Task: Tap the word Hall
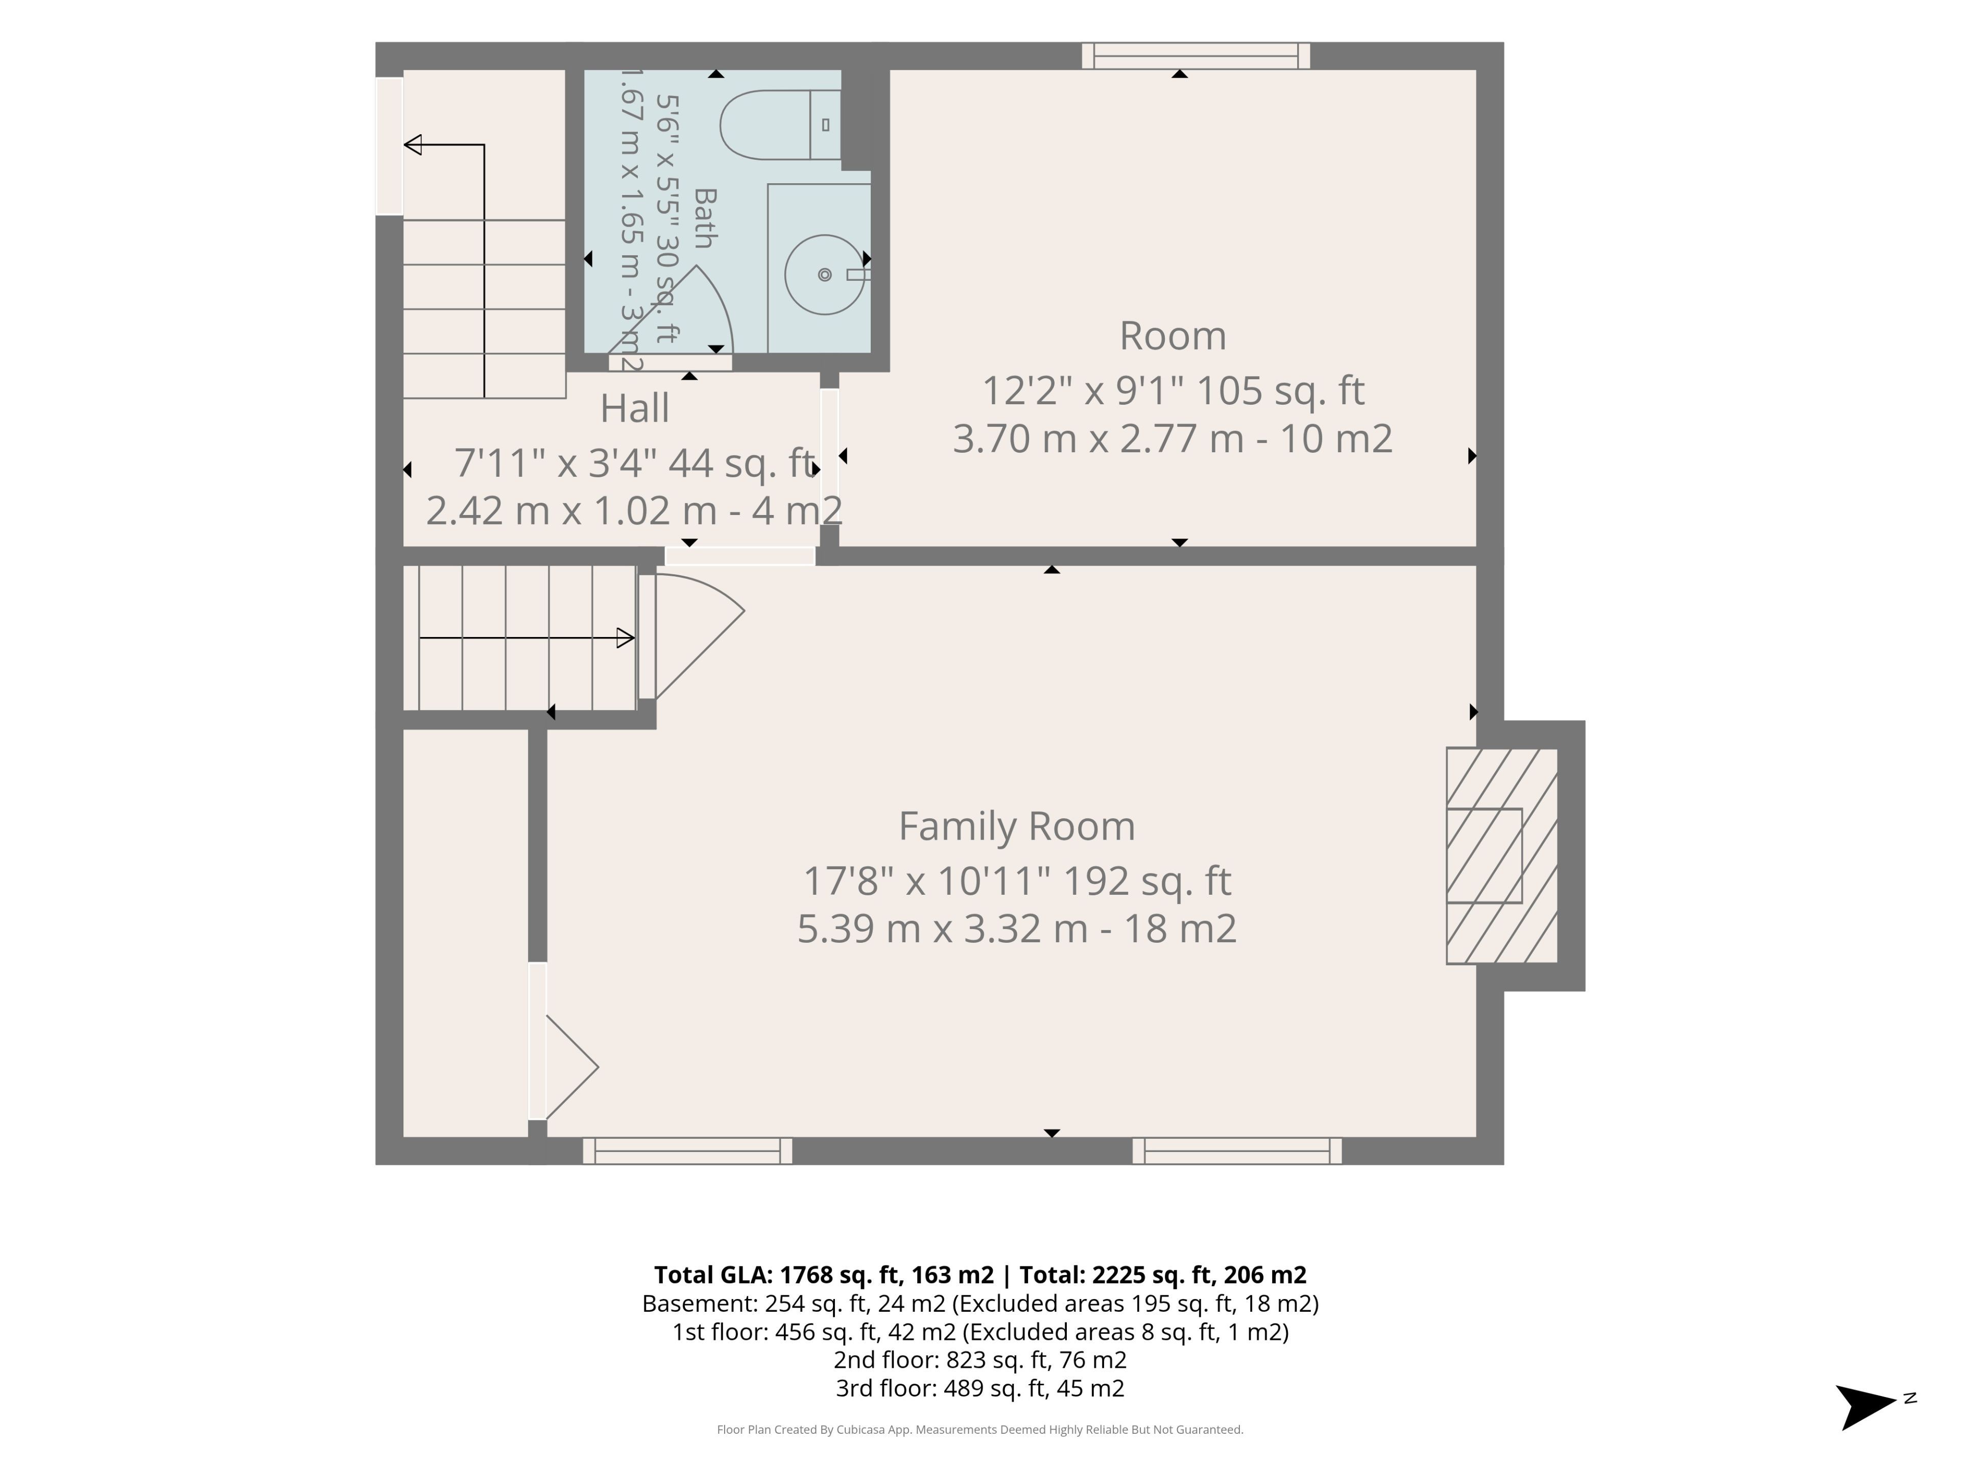[635, 408]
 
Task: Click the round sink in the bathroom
[824, 275]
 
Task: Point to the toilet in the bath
[780, 125]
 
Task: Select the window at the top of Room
[1196, 56]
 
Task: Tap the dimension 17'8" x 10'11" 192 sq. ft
[1017, 881]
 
